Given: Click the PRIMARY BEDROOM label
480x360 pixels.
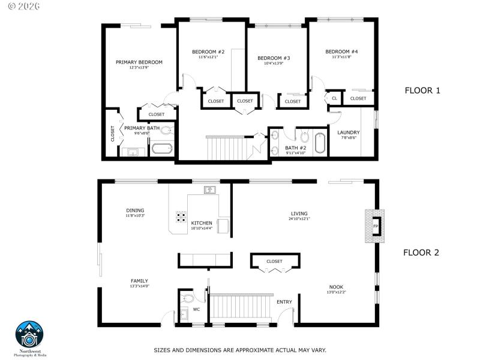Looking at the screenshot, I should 139,62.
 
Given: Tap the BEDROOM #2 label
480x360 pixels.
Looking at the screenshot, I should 208,52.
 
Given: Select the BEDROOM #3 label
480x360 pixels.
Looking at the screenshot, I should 274,58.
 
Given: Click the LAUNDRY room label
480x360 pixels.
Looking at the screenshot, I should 348,133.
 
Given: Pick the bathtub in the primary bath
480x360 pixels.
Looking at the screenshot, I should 161,148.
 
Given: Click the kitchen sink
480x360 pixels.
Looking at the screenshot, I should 209,190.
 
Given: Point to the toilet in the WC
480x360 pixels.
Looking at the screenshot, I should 188,298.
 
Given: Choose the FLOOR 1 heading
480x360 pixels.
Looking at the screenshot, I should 422,91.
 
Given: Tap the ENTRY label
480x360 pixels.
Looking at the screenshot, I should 284,302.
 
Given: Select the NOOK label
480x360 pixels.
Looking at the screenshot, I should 336,287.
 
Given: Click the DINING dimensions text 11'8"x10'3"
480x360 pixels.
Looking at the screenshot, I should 135,215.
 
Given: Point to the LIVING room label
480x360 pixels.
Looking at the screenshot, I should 299,214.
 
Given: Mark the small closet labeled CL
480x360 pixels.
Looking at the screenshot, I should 334,98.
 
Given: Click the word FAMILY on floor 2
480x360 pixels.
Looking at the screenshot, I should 139,281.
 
